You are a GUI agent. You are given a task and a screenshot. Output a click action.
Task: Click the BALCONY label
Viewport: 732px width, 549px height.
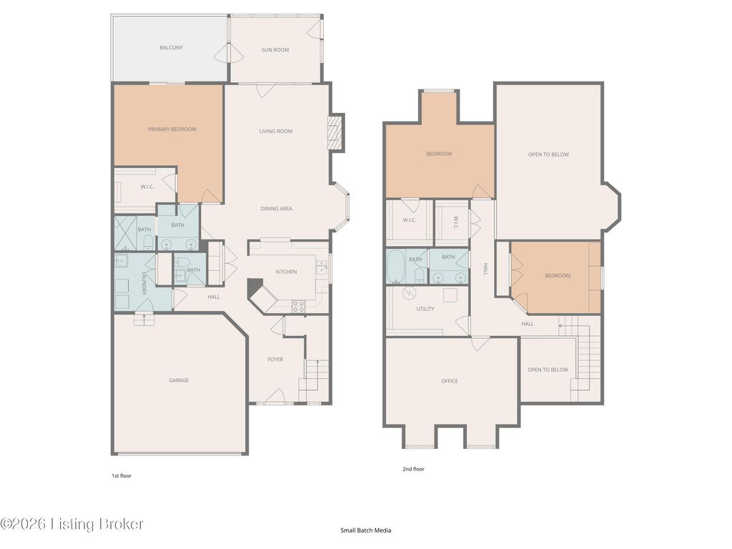tap(172, 48)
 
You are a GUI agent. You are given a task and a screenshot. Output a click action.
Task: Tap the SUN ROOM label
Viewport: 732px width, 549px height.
tap(275, 49)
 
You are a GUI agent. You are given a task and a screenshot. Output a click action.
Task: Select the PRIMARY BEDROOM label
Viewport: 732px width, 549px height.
tap(172, 129)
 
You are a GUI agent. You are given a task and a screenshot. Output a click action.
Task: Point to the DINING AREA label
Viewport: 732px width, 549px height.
tap(277, 209)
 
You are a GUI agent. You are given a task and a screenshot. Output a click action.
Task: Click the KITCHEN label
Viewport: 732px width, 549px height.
tap(286, 272)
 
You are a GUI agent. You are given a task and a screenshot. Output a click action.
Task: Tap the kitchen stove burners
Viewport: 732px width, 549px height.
tap(298, 307)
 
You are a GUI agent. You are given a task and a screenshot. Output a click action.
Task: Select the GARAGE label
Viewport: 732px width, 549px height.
tap(179, 380)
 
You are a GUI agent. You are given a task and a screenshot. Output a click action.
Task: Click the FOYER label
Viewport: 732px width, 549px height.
tap(275, 360)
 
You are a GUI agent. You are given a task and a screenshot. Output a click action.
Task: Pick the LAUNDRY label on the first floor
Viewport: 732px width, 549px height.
tap(144, 283)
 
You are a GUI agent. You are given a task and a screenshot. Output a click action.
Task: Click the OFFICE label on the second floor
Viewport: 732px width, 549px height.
tap(450, 381)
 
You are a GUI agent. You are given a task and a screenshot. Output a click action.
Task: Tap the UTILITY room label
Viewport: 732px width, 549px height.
tap(425, 309)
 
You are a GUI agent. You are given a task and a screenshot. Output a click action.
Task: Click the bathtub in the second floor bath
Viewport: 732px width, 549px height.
tap(396, 267)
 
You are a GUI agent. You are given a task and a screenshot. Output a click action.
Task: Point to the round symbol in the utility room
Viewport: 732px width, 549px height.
tap(409, 292)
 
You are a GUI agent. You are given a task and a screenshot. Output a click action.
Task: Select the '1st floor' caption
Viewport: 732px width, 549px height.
tap(122, 475)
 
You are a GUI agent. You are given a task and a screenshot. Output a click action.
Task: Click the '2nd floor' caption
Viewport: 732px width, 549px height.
tap(414, 469)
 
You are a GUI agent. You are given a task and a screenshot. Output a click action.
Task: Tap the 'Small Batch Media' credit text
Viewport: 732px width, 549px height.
tap(365, 530)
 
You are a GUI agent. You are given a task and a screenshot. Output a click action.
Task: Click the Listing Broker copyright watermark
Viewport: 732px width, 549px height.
tap(71, 524)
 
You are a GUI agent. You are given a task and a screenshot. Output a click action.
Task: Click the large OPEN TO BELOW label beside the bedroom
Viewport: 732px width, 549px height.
tap(548, 154)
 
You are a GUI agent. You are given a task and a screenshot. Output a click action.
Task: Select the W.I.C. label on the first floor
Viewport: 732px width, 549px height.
tap(147, 187)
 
